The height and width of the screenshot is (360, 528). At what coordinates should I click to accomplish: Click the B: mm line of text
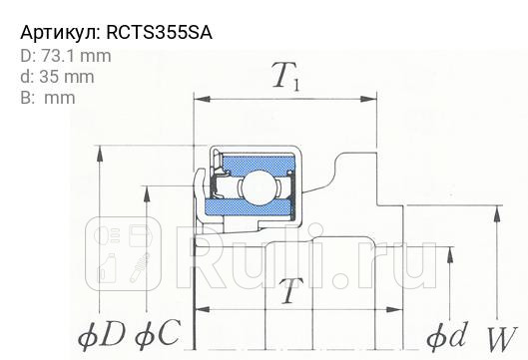coord(47,97)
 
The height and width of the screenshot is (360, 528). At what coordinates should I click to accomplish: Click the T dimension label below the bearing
coord(289,292)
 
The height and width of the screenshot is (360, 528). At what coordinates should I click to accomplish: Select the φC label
coord(155,334)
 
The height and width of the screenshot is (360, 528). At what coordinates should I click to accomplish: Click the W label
coord(502,336)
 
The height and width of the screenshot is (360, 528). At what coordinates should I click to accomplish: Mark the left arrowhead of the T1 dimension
coord(200,100)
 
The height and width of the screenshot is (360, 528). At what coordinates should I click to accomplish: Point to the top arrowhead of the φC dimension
coord(149,190)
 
